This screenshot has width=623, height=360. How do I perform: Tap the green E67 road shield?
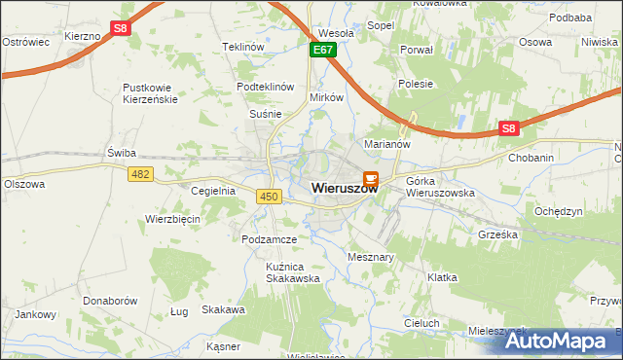(324, 49)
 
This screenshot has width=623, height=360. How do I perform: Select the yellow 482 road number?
(139, 172)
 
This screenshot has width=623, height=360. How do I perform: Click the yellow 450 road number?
(270, 197)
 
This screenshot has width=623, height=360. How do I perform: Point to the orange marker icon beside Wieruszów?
(371, 179)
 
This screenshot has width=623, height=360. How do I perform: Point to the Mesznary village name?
(370, 257)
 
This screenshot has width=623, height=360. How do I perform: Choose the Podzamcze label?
(269, 238)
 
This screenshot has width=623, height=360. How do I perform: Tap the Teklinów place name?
(243, 47)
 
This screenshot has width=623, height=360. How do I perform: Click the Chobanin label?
(531, 157)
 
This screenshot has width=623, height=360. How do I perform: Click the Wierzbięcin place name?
(172, 219)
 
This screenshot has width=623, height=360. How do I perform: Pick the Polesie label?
(416, 84)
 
